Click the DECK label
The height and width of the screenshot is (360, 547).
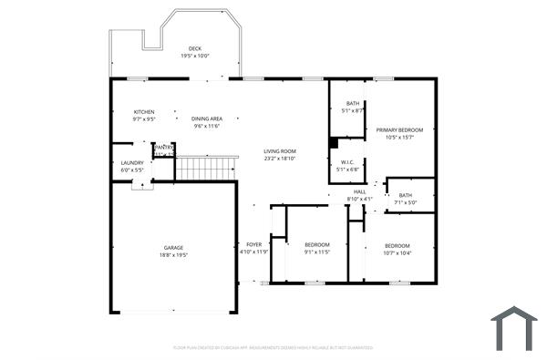point(194,48)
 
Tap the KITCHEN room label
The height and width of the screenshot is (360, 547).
point(144,112)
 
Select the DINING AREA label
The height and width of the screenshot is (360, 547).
point(207,118)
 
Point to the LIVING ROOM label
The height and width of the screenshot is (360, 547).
point(280,151)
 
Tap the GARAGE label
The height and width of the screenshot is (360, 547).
point(173,248)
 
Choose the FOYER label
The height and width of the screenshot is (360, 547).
point(253,245)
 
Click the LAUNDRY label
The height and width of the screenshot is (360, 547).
point(132,163)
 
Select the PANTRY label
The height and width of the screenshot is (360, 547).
point(164,147)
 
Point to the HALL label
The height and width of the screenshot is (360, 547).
point(359,191)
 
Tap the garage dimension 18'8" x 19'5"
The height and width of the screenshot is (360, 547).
point(173,256)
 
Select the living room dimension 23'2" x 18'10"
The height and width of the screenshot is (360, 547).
point(280,159)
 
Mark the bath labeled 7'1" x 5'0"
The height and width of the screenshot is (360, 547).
point(405,198)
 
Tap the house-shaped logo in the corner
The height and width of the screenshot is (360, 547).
point(514,329)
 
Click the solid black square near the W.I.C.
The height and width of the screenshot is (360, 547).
point(335,142)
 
